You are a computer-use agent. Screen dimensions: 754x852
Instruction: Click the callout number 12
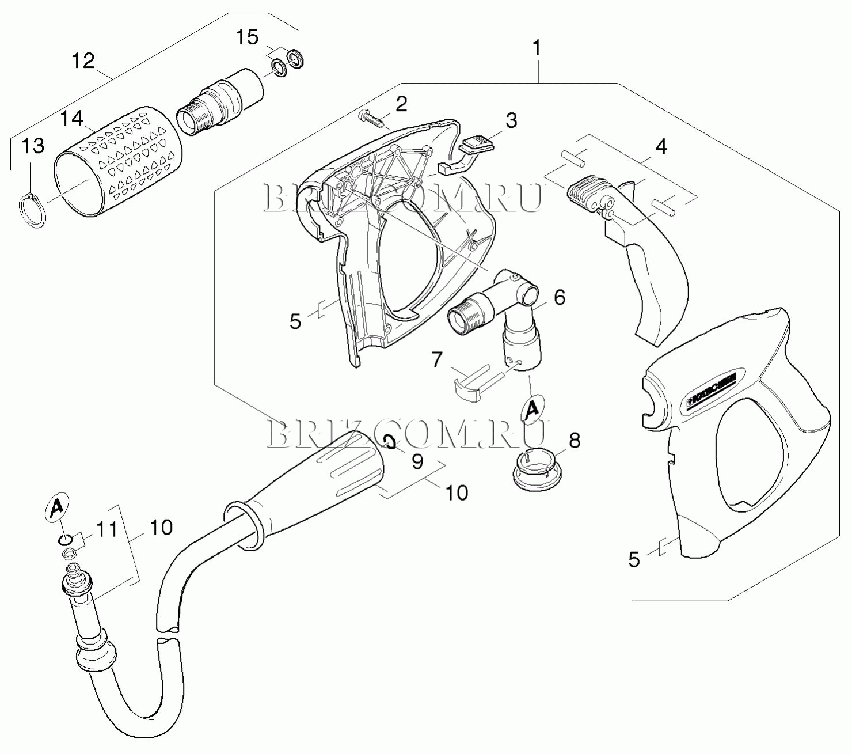[83, 60]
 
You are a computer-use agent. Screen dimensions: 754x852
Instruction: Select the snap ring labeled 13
[32, 211]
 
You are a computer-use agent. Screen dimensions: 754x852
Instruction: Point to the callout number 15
[247, 37]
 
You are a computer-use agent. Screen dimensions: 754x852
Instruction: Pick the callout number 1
[537, 48]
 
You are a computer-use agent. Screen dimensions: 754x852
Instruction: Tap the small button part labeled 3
[477, 142]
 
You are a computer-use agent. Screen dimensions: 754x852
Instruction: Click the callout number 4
[661, 147]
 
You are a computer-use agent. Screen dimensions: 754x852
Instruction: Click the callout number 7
[437, 359]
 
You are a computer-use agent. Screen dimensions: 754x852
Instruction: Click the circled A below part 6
[533, 409]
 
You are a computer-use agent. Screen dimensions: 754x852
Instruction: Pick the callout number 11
[106, 529]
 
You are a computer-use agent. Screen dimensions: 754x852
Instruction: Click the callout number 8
[574, 441]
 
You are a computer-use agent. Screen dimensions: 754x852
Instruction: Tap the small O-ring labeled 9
[390, 442]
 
